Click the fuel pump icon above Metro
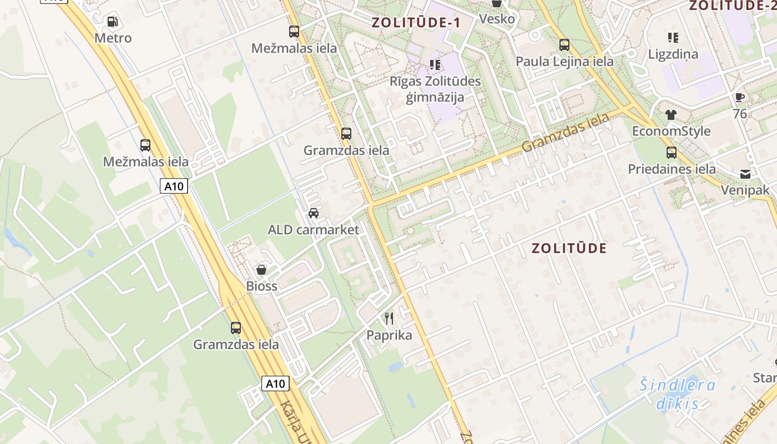[112, 22]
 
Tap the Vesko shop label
[497, 19]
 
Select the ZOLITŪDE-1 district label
[416, 23]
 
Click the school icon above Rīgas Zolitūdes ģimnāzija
[435, 65]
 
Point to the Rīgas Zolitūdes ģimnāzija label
[435, 89]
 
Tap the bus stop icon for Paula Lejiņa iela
[564, 45]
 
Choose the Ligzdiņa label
[673, 54]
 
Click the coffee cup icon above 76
[739, 98]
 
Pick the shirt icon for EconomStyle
[671, 115]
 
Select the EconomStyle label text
[671, 131]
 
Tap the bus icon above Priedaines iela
[672, 153]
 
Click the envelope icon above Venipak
[745, 174]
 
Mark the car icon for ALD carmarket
[314, 213]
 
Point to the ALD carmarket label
[314, 230]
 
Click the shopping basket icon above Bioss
[261, 270]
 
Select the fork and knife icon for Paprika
[389, 319]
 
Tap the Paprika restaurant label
[389, 335]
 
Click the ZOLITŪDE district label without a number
[569, 248]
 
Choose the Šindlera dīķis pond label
[677, 394]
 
